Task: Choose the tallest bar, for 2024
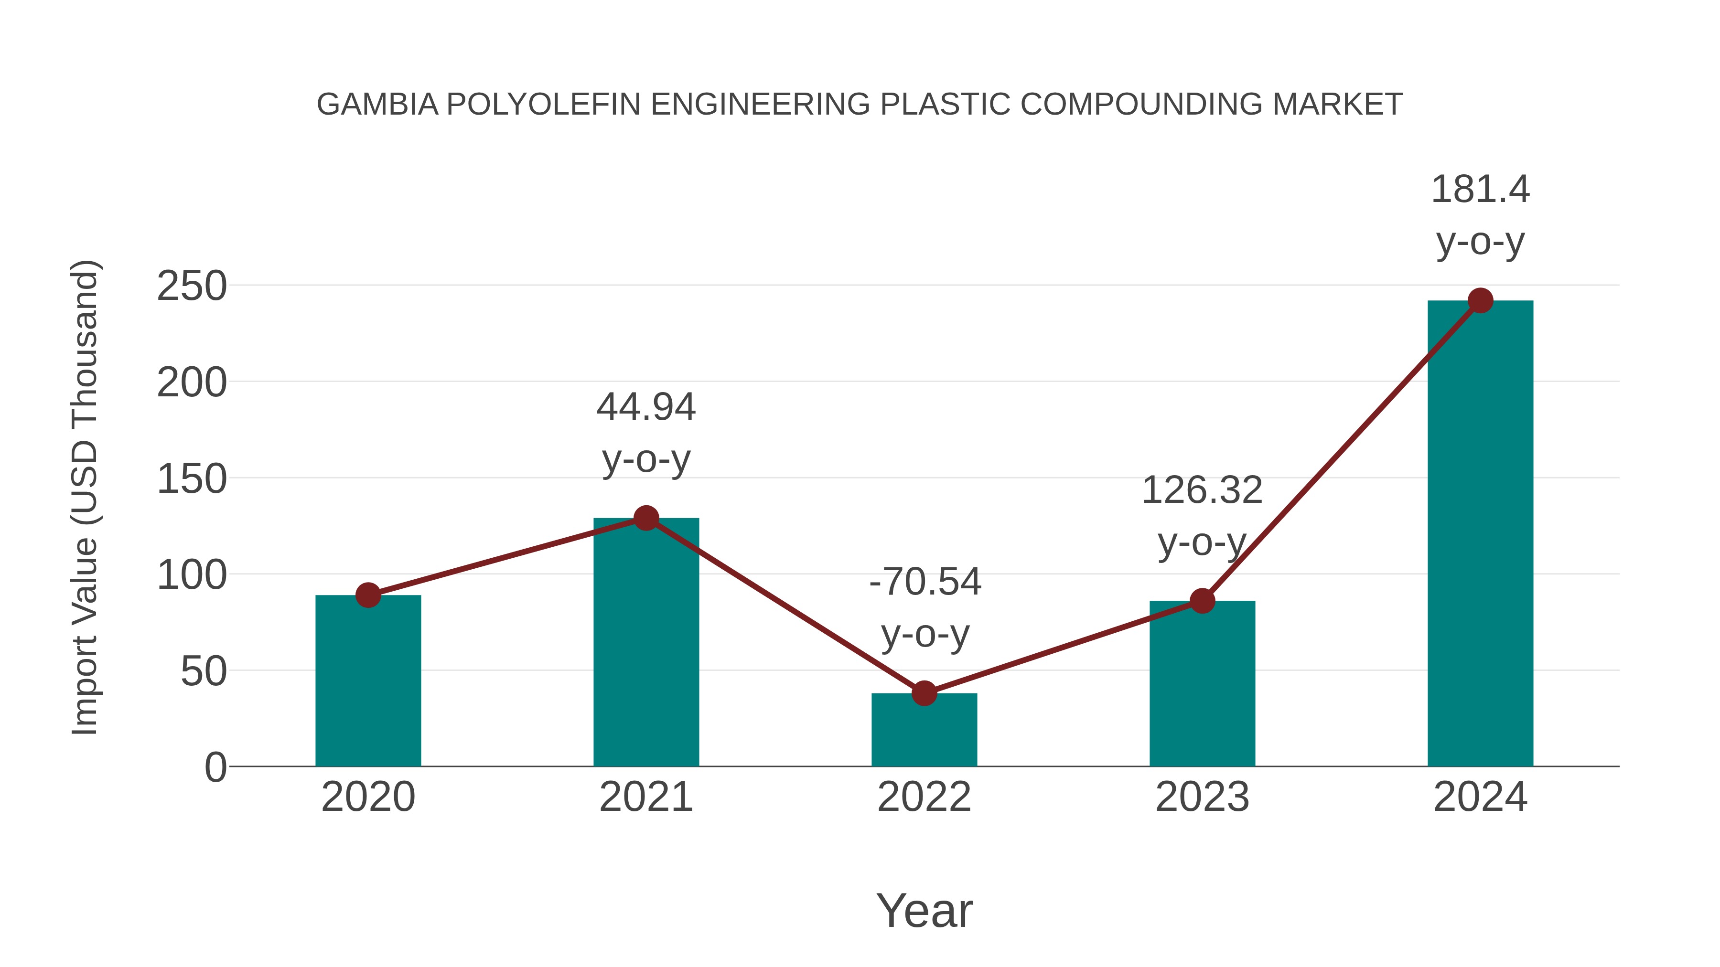(x=1480, y=533)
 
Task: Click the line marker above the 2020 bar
(x=368, y=595)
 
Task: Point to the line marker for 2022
(x=924, y=693)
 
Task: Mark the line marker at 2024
(x=1480, y=300)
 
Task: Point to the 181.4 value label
(x=1480, y=190)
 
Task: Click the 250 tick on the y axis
(x=192, y=287)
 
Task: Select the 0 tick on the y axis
(x=215, y=767)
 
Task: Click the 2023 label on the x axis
(x=1202, y=797)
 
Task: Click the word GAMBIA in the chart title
(x=377, y=104)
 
